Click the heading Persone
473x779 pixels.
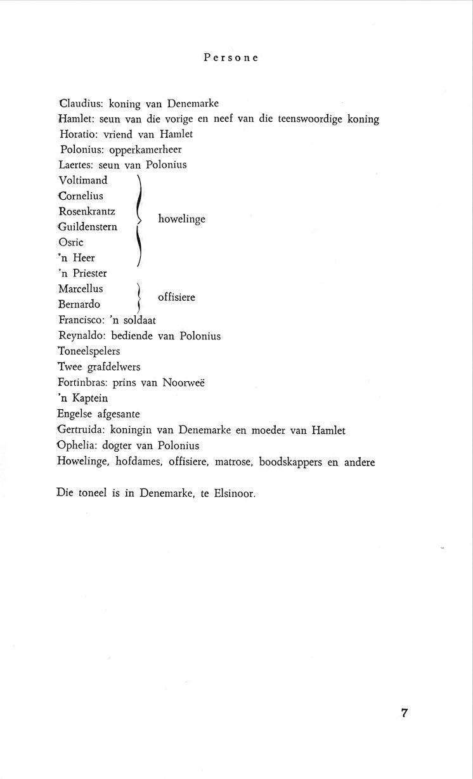(x=231, y=58)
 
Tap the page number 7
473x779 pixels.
(x=404, y=712)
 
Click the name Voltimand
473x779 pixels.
(x=83, y=180)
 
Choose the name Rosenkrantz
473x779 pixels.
(x=87, y=211)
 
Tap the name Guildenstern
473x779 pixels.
(x=87, y=226)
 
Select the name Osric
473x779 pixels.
(x=71, y=242)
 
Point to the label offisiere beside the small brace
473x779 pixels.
(x=176, y=296)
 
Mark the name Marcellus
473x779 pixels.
(x=81, y=289)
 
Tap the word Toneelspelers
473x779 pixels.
(x=89, y=351)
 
